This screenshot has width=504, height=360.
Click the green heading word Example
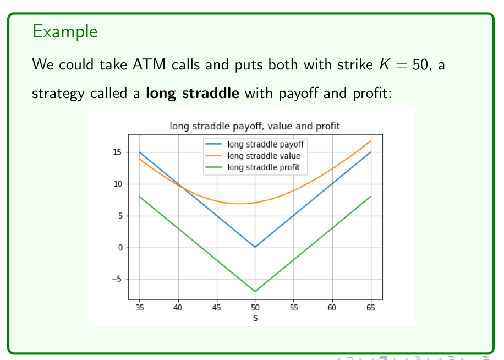(x=64, y=31)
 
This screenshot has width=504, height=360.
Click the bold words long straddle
(x=192, y=93)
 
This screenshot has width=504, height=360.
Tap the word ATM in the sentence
(x=149, y=64)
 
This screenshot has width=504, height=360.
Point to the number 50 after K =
(x=420, y=64)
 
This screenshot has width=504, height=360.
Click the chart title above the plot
(x=255, y=126)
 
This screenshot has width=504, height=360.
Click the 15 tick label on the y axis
(x=117, y=152)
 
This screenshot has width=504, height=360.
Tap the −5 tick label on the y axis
(x=117, y=279)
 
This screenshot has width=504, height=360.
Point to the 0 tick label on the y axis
(x=120, y=248)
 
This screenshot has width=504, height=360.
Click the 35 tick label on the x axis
(x=140, y=308)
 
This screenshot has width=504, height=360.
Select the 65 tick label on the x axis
(x=371, y=308)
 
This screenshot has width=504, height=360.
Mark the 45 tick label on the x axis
(x=217, y=308)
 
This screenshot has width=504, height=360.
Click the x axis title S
(x=255, y=318)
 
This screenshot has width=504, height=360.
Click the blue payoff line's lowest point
(x=255, y=247)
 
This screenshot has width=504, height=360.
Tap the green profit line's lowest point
(x=255, y=291)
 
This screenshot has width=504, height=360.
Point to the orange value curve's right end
(x=371, y=141)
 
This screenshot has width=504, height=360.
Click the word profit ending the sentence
(x=372, y=94)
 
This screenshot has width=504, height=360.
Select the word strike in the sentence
(x=355, y=64)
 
